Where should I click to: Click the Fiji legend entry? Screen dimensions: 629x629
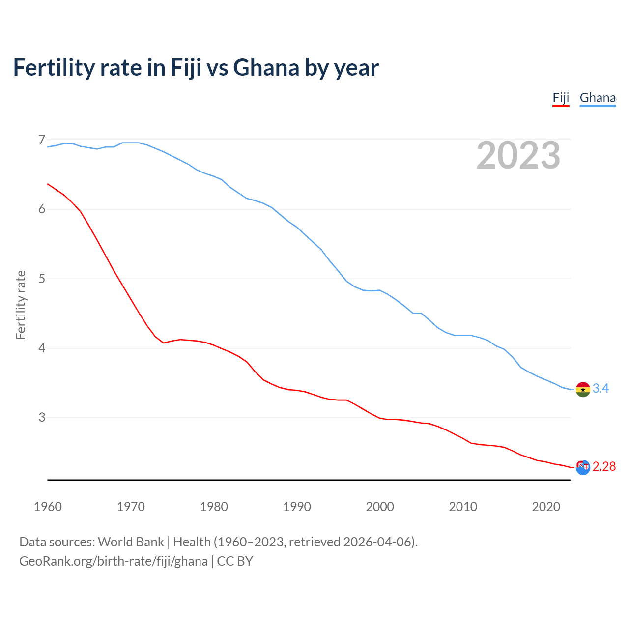point(561,98)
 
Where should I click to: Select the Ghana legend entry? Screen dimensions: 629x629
point(598,98)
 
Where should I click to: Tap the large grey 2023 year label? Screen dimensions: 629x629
point(518,155)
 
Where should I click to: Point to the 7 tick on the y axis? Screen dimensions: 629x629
point(42,140)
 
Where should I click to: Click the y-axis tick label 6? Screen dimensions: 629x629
point(42,209)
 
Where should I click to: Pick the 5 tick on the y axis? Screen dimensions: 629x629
point(42,279)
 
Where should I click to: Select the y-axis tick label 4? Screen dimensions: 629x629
point(42,348)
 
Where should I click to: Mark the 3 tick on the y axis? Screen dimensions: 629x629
point(42,417)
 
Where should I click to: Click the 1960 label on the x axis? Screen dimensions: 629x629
point(48,507)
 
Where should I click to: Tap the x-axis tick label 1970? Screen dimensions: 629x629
point(131,507)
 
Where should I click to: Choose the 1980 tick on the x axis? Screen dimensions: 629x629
point(214,507)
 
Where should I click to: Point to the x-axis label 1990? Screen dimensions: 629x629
point(297,507)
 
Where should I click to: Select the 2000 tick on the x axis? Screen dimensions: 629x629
point(380,507)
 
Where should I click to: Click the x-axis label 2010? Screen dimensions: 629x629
point(463,507)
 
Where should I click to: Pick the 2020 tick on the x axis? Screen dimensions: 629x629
point(546,507)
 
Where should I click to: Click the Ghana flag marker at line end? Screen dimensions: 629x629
point(583,389)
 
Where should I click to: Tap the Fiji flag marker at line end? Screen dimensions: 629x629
point(583,467)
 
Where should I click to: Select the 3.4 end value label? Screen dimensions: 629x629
point(600,389)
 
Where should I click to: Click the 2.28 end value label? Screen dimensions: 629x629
point(604,467)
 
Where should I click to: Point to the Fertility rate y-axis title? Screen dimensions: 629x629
point(21,305)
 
